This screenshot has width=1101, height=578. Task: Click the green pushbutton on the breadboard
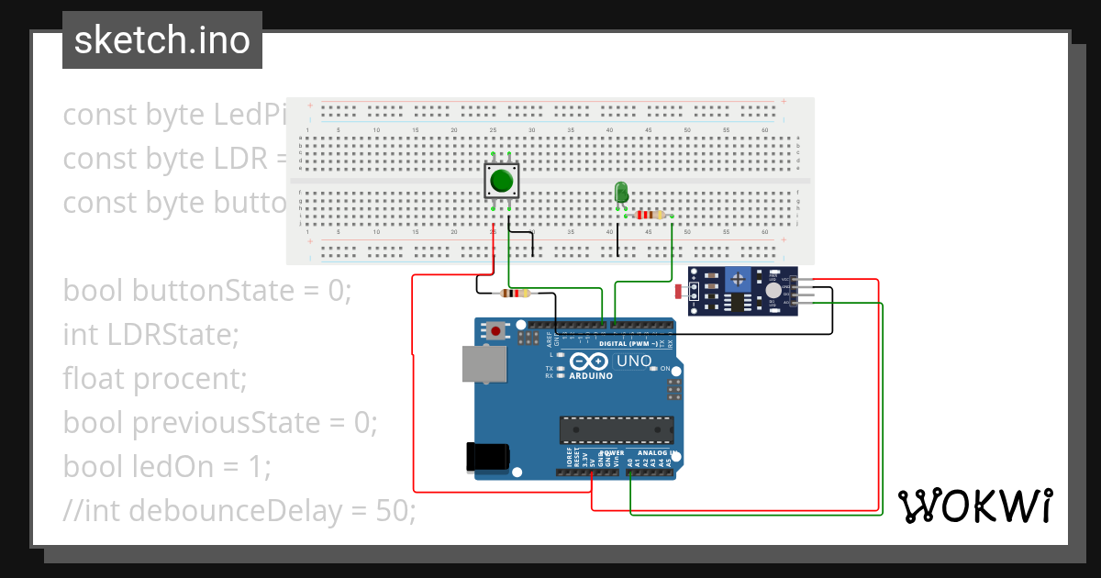pos(501,181)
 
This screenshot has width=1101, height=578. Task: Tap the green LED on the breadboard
pos(621,192)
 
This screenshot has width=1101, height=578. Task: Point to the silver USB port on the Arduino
pos(483,363)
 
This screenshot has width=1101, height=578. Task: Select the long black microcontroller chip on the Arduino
pos(617,428)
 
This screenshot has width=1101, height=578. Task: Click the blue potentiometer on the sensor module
pos(737,278)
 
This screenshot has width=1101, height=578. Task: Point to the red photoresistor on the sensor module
pos(680,292)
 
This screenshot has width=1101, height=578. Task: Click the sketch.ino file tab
pos(162,40)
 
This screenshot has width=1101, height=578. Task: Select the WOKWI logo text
pos(974,506)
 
